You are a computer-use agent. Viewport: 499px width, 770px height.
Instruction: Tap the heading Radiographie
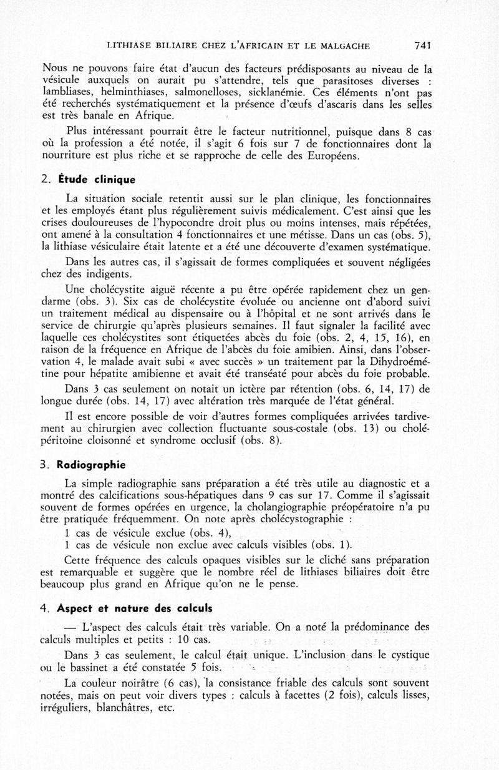92,465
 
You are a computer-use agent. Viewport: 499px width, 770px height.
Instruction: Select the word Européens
328,155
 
